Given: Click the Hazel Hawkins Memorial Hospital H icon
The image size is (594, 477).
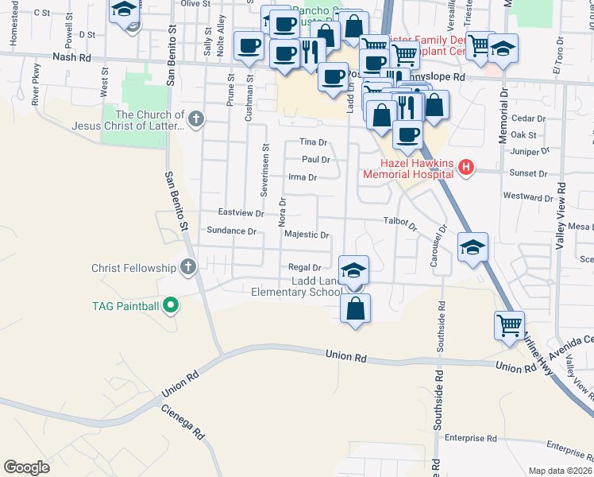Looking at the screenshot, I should pyautogui.click(x=466, y=168).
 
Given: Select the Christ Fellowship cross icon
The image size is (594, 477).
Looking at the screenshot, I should pyautogui.click(x=188, y=266).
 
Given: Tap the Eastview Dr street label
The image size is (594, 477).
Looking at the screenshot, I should pyautogui.click(x=241, y=213).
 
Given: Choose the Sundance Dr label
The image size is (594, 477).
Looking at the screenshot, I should pyautogui.click(x=232, y=231).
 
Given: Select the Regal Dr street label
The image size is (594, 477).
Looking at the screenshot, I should pyautogui.click(x=304, y=268).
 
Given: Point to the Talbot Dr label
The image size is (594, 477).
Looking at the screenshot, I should pyautogui.click(x=399, y=223).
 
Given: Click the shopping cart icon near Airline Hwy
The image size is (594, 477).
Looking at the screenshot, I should pyautogui.click(x=508, y=324).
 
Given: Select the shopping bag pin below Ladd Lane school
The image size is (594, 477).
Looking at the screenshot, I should pyautogui.click(x=355, y=307).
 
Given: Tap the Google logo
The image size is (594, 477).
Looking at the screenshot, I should pyautogui.click(x=27, y=467).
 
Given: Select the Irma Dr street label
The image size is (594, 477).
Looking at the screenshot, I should pyautogui.click(x=302, y=177).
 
